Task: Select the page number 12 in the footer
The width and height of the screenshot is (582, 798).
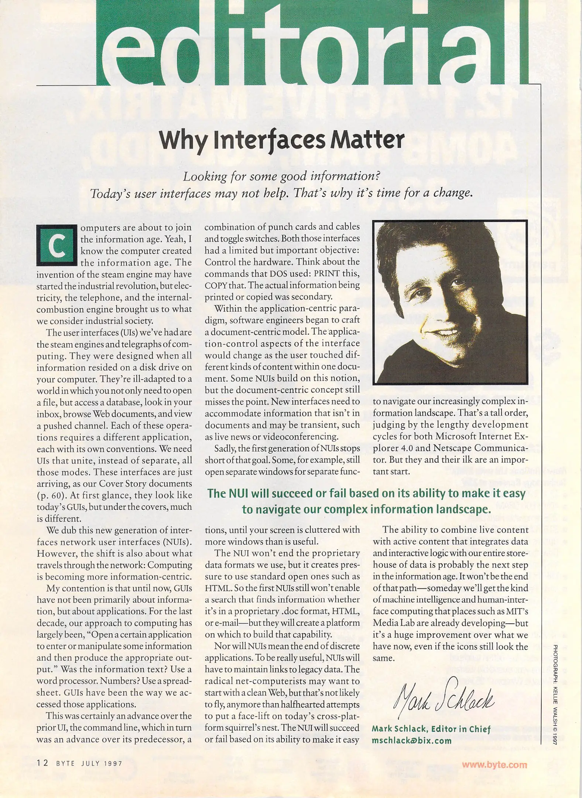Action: [x=42, y=763]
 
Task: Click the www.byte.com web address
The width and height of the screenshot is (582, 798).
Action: [x=494, y=764]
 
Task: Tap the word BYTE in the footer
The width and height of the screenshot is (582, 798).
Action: [x=65, y=763]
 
